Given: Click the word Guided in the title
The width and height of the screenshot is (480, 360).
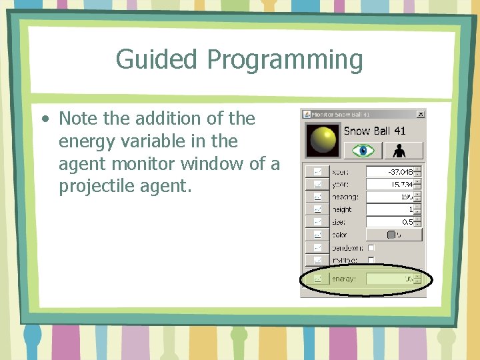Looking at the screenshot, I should pyautogui.click(x=157, y=59).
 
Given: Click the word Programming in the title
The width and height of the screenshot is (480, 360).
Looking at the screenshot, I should pyautogui.click(x=285, y=60).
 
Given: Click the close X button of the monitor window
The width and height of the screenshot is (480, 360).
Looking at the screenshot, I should pyautogui.click(x=419, y=115).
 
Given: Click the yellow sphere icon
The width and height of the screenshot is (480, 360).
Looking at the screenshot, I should pyautogui.click(x=323, y=139).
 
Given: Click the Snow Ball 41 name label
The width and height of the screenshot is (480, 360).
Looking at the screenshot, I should pyautogui.click(x=374, y=131).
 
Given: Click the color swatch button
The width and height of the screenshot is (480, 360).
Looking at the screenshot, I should pyautogui.click(x=393, y=235).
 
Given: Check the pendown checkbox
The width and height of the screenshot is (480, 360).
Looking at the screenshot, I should pyautogui.click(x=371, y=247).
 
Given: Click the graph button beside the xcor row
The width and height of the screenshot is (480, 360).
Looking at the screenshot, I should pyautogui.click(x=317, y=172).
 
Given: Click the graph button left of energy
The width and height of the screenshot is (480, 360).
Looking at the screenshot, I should pyautogui.click(x=317, y=279).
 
